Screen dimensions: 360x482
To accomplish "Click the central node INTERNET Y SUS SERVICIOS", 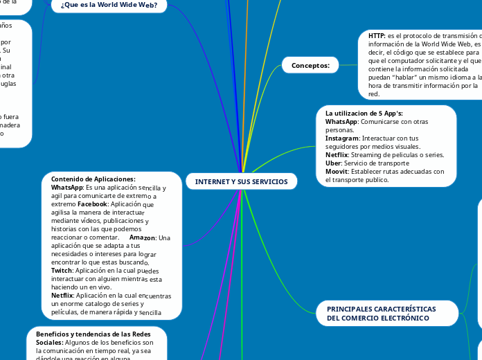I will (x=241, y=181).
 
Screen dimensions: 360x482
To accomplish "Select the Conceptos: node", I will (x=310, y=65).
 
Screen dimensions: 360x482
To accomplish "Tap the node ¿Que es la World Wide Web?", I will (x=109, y=6).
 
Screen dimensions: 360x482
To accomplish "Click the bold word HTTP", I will (x=377, y=35).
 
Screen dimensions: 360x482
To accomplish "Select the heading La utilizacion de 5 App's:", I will (x=364, y=113).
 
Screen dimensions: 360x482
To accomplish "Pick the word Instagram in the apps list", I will (x=341, y=138).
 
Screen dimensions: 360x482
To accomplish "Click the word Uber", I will (x=332, y=163).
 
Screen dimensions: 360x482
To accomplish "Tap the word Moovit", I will (x=337, y=172).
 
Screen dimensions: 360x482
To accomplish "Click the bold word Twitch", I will (x=62, y=271).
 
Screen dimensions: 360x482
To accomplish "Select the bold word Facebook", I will (x=92, y=205).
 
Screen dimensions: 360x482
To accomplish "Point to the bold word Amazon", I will (x=143, y=237).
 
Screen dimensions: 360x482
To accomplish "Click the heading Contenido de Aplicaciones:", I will (x=93, y=179).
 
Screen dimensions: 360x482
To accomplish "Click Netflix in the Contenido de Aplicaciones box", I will (x=62, y=296).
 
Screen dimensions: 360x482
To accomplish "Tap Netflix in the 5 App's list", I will (x=337, y=155).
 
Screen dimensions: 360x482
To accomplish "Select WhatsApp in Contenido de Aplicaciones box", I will (x=67, y=188).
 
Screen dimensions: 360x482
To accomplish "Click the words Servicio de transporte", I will (x=379, y=163).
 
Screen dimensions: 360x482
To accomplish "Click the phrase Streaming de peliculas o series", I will (x=398, y=155).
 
